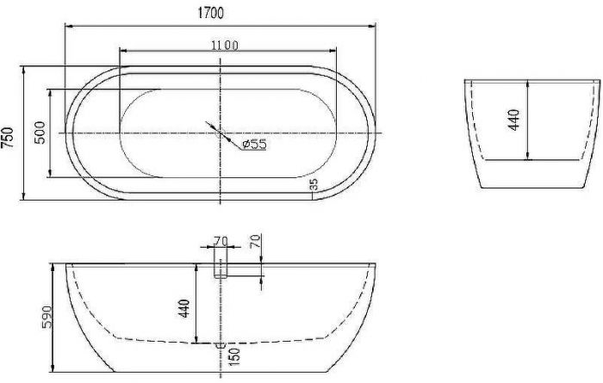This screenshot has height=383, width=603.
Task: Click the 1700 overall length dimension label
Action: point(210,13)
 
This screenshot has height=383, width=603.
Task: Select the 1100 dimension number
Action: point(225,46)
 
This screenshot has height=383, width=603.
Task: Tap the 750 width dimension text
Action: point(8,137)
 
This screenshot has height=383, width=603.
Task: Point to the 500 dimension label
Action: point(40,133)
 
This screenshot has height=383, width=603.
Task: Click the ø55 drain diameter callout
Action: point(254,145)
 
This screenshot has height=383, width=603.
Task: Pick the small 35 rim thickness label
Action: point(314,184)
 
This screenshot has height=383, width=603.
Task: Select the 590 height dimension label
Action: point(47,318)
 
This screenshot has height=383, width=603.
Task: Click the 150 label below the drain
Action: point(233,357)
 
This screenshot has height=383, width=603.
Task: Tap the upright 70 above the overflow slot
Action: point(221,241)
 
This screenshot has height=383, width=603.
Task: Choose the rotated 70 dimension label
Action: point(256,240)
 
